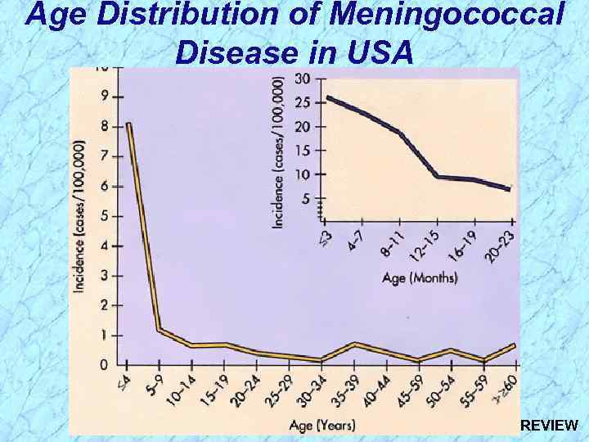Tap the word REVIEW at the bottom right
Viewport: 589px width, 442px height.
coord(549,426)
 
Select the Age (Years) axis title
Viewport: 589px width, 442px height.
coord(321,424)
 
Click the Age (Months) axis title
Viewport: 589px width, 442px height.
coord(420,277)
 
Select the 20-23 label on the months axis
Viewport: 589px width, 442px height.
coord(501,245)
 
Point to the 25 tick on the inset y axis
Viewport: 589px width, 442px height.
coord(302,103)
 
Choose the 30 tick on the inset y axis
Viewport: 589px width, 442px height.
coord(302,79)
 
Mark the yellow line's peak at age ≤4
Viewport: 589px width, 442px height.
coord(129,124)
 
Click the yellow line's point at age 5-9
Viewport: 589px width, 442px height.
coord(159,330)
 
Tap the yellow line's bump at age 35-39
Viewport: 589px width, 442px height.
coord(355,344)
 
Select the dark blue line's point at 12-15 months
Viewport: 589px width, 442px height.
coord(438,176)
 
